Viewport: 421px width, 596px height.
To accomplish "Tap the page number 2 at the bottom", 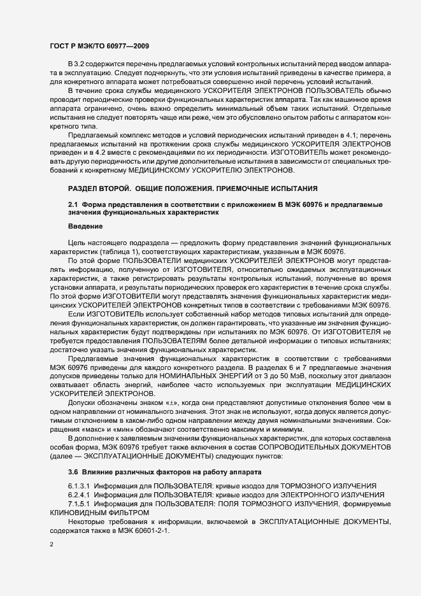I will (x=52, y=545).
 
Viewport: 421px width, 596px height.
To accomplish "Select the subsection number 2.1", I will (x=73, y=204).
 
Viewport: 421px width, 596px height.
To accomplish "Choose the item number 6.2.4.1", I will (x=80, y=495).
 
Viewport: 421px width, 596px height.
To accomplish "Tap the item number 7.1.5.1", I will (x=80, y=504).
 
